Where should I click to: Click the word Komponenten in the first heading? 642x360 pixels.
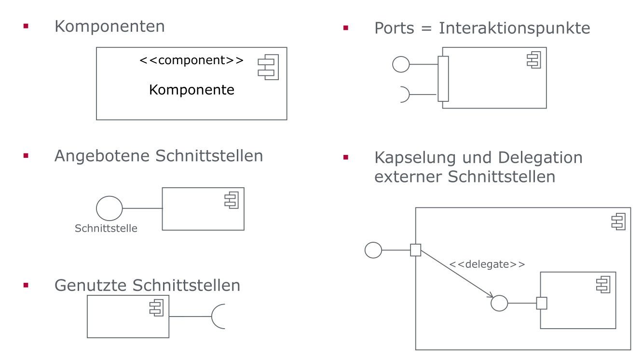[x=109, y=26]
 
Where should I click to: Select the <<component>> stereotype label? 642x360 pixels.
[x=191, y=60]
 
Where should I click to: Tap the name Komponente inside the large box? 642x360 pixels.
[x=191, y=90]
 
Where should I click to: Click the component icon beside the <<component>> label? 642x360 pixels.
[x=268, y=67]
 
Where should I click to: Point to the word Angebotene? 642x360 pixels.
[x=102, y=156]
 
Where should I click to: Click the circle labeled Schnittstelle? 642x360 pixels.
[x=109, y=208]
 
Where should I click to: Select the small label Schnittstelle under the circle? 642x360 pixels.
[x=106, y=228]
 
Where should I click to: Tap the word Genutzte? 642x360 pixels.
[x=91, y=285]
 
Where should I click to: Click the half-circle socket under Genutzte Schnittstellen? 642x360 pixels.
[x=219, y=317]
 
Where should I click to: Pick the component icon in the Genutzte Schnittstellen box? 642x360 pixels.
[x=156, y=307]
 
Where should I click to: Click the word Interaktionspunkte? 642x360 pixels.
[x=514, y=28]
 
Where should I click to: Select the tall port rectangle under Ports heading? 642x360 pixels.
[x=443, y=79]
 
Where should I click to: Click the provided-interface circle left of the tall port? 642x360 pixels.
[x=401, y=64]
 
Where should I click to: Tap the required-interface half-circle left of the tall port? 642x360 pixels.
[x=404, y=95]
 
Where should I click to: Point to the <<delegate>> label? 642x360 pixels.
[x=487, y=264]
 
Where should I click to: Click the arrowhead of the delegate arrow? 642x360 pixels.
[x=490, y=295]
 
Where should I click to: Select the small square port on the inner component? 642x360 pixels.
[x=542, y=303]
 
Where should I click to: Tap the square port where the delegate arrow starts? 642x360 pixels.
[x=415, y=250]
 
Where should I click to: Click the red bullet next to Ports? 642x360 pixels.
[x=345, y=28]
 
